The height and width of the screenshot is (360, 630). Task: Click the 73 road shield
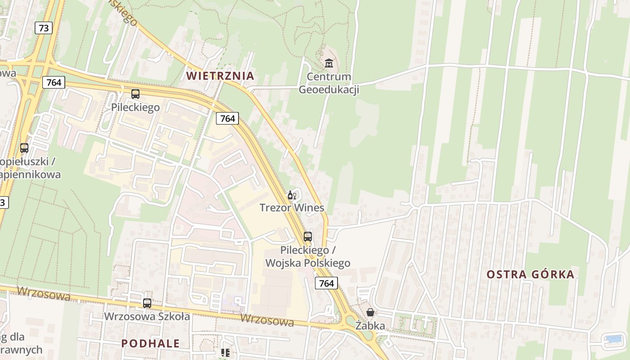[44, 28]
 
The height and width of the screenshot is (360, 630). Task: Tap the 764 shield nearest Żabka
[326, 283]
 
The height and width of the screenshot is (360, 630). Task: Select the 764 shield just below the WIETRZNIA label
[228, 118]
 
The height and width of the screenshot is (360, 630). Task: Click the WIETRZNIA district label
[220, 76]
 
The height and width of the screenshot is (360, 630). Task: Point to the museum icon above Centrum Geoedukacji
[329, 63]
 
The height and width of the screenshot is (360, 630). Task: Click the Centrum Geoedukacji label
[328, 83]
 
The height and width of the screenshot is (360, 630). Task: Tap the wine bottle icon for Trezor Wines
[292, 195]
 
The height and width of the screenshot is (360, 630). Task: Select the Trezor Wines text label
[292, 208]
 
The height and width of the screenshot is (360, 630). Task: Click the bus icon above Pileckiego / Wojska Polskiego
[308, 236]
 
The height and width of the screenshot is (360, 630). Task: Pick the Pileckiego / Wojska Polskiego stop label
[308, 256]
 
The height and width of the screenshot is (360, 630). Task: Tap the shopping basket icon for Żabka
[370, 312]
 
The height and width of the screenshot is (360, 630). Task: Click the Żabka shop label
[370, 325]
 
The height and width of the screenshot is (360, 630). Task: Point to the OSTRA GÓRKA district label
[531, 274]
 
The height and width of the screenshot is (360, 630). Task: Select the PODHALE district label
[150, 343]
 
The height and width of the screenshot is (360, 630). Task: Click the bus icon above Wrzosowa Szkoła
[147, 303]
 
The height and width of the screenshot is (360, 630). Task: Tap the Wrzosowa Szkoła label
[147, 316]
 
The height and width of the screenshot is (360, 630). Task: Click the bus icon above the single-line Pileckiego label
[135, 94]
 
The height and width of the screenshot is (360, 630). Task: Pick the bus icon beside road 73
[24, 148]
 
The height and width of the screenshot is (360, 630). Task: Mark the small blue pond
[613, 339]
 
